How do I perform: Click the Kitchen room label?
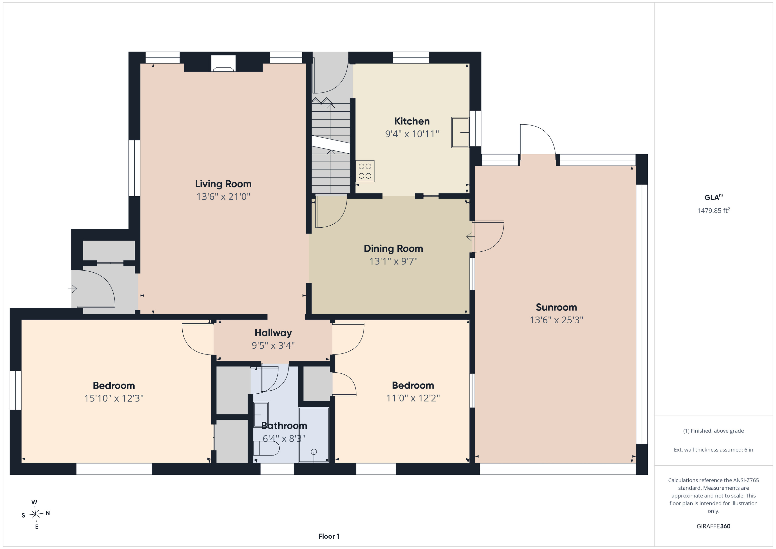tap(412, 121)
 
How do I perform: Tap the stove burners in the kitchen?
tap(365, 171)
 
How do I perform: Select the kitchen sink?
tap(460, 133)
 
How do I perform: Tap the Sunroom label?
tap(556, 307)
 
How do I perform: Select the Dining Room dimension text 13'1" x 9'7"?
tap(393, 261)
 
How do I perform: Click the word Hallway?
tap(273, 333)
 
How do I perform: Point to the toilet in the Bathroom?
tap(266, 449)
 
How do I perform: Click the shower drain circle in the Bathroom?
tap(314, 452)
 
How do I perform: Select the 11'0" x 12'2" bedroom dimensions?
tap(413, 398)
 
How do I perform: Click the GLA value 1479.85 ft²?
tap(713, 210)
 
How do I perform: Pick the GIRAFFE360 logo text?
tap(713, 526)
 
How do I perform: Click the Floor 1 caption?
tap(329, 536)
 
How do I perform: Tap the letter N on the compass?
tap(48, 513)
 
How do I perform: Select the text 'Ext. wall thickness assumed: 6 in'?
tap(713, 450)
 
